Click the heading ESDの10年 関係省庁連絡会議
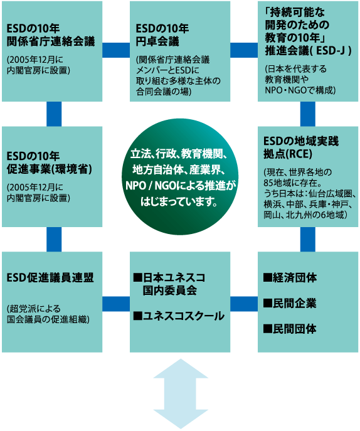(51, 35)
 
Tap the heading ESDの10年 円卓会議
(162, 35)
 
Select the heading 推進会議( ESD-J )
(308, 51)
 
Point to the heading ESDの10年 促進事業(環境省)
(50, 162)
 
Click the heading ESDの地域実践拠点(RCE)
(301, 147)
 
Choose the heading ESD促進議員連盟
(50, 278)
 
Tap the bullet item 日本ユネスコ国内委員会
(169, 284)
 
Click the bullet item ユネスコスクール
(179, 316)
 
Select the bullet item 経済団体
(290, 278)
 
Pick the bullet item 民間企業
(290, 303)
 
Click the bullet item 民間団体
(290, 329)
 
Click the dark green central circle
(180, 177)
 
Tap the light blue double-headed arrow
(180, 394)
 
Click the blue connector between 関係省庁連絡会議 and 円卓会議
(116, 50)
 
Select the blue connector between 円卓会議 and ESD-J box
(244, 50)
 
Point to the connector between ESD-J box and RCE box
(308, 114)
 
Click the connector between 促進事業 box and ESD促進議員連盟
(54, 240)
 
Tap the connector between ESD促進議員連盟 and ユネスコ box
(116, 304)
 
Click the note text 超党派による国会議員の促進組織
(48, 314)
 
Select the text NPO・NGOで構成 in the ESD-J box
(300, 90)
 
